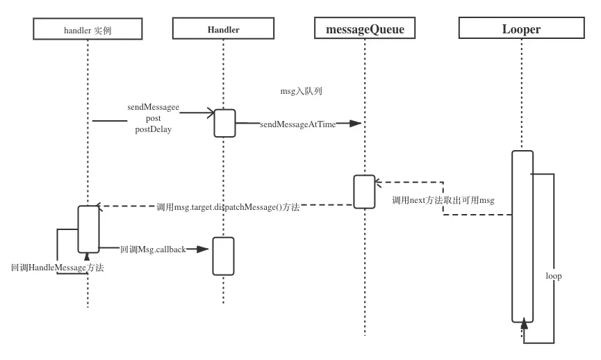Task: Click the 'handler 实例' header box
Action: point(88,29)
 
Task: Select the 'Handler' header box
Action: point(223,29)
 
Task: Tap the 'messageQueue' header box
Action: point(365,29)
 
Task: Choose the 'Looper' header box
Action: point(521,29)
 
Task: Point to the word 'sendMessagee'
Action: point(153,108)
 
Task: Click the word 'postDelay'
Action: point(153,129)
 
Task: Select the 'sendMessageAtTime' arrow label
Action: point(297,124)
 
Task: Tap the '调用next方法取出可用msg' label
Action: point(443,200)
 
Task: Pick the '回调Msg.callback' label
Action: point(153,249)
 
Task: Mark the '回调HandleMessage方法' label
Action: point(57,268)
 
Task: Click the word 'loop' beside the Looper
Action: point(553,276)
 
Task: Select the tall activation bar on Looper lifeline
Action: point(522,236)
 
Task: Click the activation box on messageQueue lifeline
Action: point(364,192)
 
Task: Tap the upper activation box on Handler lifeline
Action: point(224,123)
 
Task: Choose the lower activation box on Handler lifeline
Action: point(223,256)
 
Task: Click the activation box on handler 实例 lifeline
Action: point(88,229)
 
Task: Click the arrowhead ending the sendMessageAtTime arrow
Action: point(355,124)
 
